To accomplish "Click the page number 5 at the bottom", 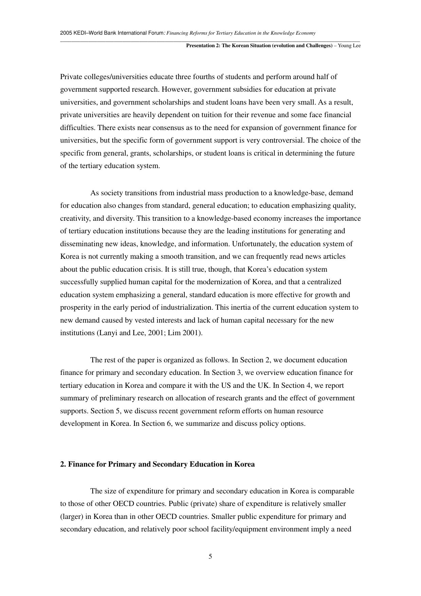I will (210, 556).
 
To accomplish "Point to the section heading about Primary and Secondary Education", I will (157, 464).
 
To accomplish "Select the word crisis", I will (152, 269).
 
